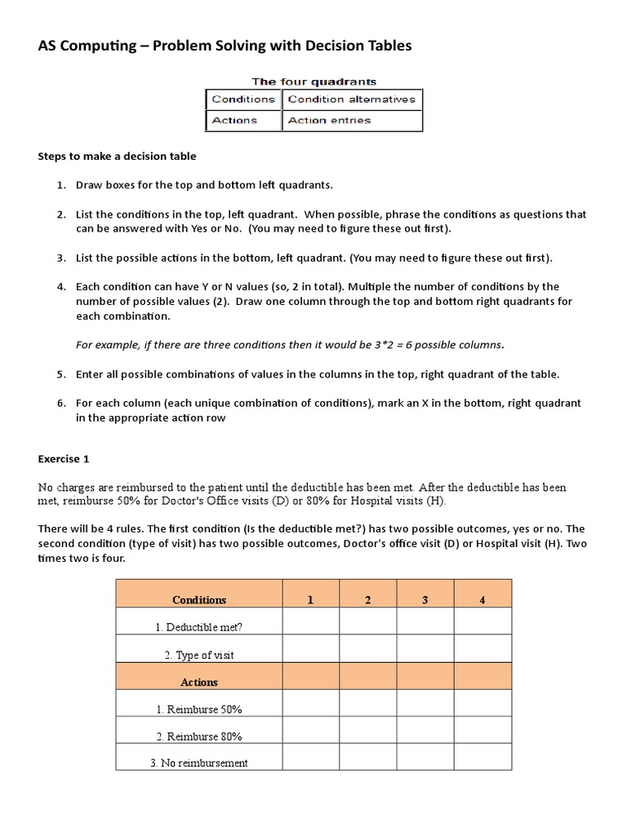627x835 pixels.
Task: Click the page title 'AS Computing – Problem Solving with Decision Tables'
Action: click(225, 46)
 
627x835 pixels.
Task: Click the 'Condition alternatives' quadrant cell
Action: click(352, 99)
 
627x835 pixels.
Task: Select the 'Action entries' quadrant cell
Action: click(352, 121)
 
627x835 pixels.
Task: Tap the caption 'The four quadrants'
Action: click(313, 82)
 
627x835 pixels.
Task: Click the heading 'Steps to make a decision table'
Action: click(118, 156)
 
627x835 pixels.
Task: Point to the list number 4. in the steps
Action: click(61, 287)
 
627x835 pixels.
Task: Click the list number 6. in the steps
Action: click(61, 404)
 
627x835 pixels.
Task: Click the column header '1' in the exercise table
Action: click(310, 600)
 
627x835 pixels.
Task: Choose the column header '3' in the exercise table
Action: click(425, 600)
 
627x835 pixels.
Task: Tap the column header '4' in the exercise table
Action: click(482, 600)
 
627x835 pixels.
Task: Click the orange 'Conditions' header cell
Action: click(199, 600)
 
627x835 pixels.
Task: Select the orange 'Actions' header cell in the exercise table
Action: click(199, 682)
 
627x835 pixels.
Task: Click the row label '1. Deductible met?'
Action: click(199, 628)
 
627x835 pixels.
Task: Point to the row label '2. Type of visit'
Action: click(199, 655)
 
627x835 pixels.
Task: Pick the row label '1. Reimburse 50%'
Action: click(199, 709)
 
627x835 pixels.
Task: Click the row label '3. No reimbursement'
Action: click(199, 763)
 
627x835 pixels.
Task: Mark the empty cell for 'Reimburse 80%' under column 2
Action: click(368, 736)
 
